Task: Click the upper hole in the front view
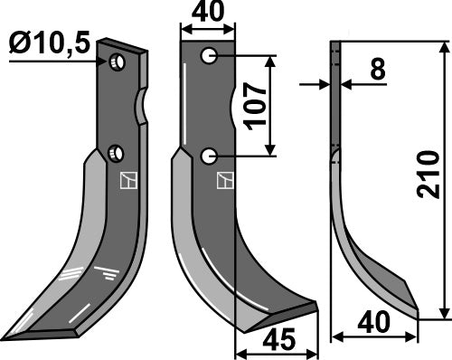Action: pos(210,57)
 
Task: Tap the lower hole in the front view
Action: pos(210,156)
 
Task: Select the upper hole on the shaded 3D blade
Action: pos(117,62)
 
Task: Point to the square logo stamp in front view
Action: pos(221,181)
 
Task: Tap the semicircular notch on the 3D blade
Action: pos(142,107)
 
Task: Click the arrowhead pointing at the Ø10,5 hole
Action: pos(102,61)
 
